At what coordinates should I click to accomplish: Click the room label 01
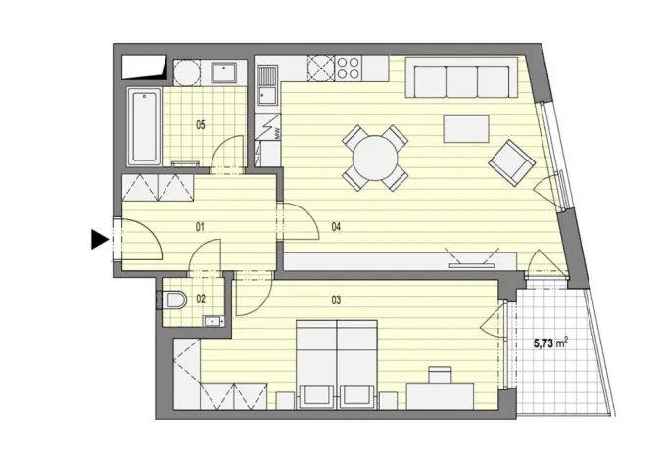click(200, 227)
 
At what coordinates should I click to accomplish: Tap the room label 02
click(200, 298)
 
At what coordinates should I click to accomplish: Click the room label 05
click(200, 124)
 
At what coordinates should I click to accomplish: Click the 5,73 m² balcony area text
click(551, 343)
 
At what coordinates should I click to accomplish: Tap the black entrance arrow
click(98, 239)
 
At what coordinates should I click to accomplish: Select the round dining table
click(375, 157)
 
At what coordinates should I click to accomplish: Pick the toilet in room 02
click(174, 299)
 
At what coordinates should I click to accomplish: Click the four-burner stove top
click(348, 68)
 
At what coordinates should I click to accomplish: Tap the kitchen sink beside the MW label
click(266, 84)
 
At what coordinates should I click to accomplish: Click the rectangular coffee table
click(465, 129)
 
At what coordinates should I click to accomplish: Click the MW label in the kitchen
click(276, 135)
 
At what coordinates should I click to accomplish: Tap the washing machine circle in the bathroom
click(187, 72)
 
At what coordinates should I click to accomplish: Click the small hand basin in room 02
click(212, 318)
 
